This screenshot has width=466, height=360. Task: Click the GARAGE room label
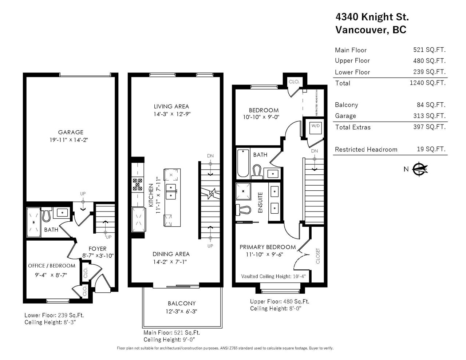coord(71,132)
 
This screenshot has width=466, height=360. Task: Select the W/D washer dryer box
coord(315,128)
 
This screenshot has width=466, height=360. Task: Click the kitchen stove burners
coord(138,185)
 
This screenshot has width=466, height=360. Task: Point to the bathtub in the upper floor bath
coord(243,163)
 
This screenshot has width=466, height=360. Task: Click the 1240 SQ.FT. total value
coord(428,83)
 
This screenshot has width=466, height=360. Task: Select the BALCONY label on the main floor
coord(182,303)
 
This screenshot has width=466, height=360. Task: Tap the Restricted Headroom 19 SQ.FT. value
coord(431,149)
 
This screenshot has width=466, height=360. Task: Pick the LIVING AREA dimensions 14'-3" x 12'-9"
coord(172,114)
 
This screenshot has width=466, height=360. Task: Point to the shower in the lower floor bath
coord(33,222)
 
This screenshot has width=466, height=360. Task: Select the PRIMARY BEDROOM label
coord(268,247)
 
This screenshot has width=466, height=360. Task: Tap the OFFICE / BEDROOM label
coord(52,266)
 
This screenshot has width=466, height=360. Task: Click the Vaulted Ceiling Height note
coord(273,276)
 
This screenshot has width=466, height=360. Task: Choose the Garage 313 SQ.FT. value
coord(429,115)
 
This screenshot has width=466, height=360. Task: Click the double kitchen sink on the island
coord(171,192)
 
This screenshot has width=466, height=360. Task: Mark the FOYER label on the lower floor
coord(98,249)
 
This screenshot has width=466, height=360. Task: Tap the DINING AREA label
coord(171,254)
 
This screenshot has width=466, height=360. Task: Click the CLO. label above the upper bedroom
coord(294,82)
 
